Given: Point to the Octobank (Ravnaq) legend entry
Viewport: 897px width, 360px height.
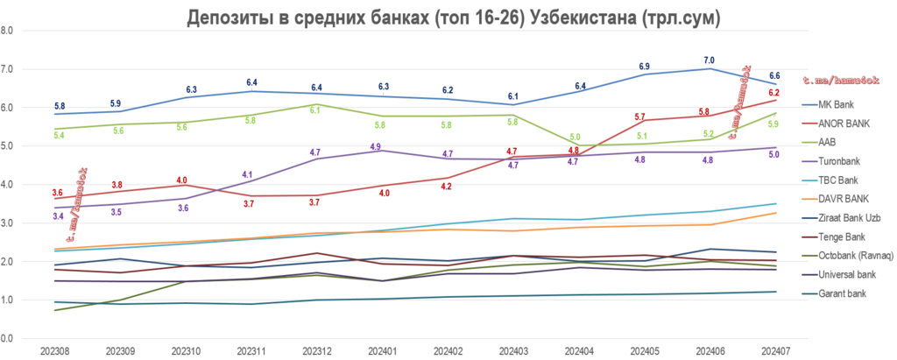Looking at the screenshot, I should tap(851, 256).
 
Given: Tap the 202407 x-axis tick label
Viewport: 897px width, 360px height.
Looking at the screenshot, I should tap(773, 350).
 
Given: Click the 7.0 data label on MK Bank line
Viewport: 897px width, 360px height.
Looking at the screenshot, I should tap(709, 60).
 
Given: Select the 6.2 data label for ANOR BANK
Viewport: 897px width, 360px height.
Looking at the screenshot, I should tap(774, 92).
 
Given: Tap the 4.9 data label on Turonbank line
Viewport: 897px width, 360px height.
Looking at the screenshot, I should tap(376, 147).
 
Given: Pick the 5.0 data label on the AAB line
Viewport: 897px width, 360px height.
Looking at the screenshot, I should tap(575, 137).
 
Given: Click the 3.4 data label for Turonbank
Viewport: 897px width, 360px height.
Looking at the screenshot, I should tap(57, 215).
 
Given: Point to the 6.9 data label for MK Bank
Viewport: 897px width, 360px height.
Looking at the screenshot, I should tap(644, 67).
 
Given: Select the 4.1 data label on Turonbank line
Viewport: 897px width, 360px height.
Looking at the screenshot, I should tap(247, 174).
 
